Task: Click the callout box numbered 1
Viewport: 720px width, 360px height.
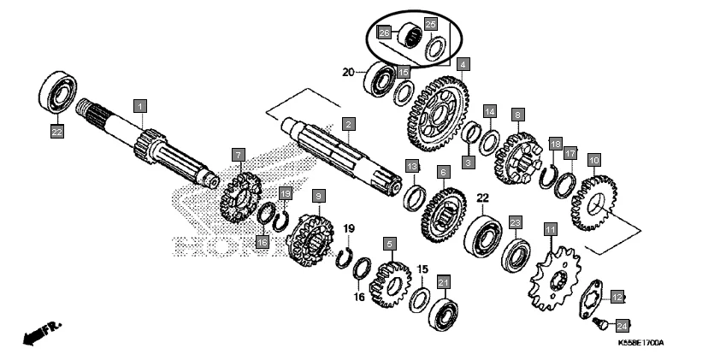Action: [140, 105]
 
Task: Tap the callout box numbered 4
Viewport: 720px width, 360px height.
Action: [462, 64]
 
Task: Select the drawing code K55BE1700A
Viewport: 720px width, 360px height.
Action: [640, 344]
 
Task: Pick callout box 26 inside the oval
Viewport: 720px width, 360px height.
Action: [385, 33]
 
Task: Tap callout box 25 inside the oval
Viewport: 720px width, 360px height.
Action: [430, 24]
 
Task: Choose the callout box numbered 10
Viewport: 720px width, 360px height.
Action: [593, 159]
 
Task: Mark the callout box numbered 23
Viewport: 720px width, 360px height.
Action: [515, 222]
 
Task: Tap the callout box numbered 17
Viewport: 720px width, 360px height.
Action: [570, 153]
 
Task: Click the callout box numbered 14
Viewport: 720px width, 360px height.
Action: [490, 112]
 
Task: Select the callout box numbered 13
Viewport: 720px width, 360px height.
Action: [411, 165]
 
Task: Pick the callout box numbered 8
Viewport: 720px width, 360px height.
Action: [516, 114]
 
